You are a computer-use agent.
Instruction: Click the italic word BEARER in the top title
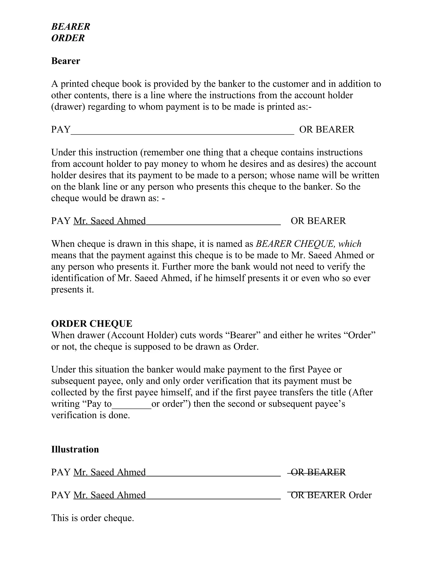pos(71,27)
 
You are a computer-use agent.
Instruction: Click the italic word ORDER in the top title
pos(68,38)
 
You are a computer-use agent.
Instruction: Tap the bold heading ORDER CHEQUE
pos(92,323)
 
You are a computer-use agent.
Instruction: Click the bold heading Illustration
pos(75,449)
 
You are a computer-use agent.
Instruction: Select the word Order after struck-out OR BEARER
pos(360,495)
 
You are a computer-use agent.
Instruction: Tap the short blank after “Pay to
pos(131,404)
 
